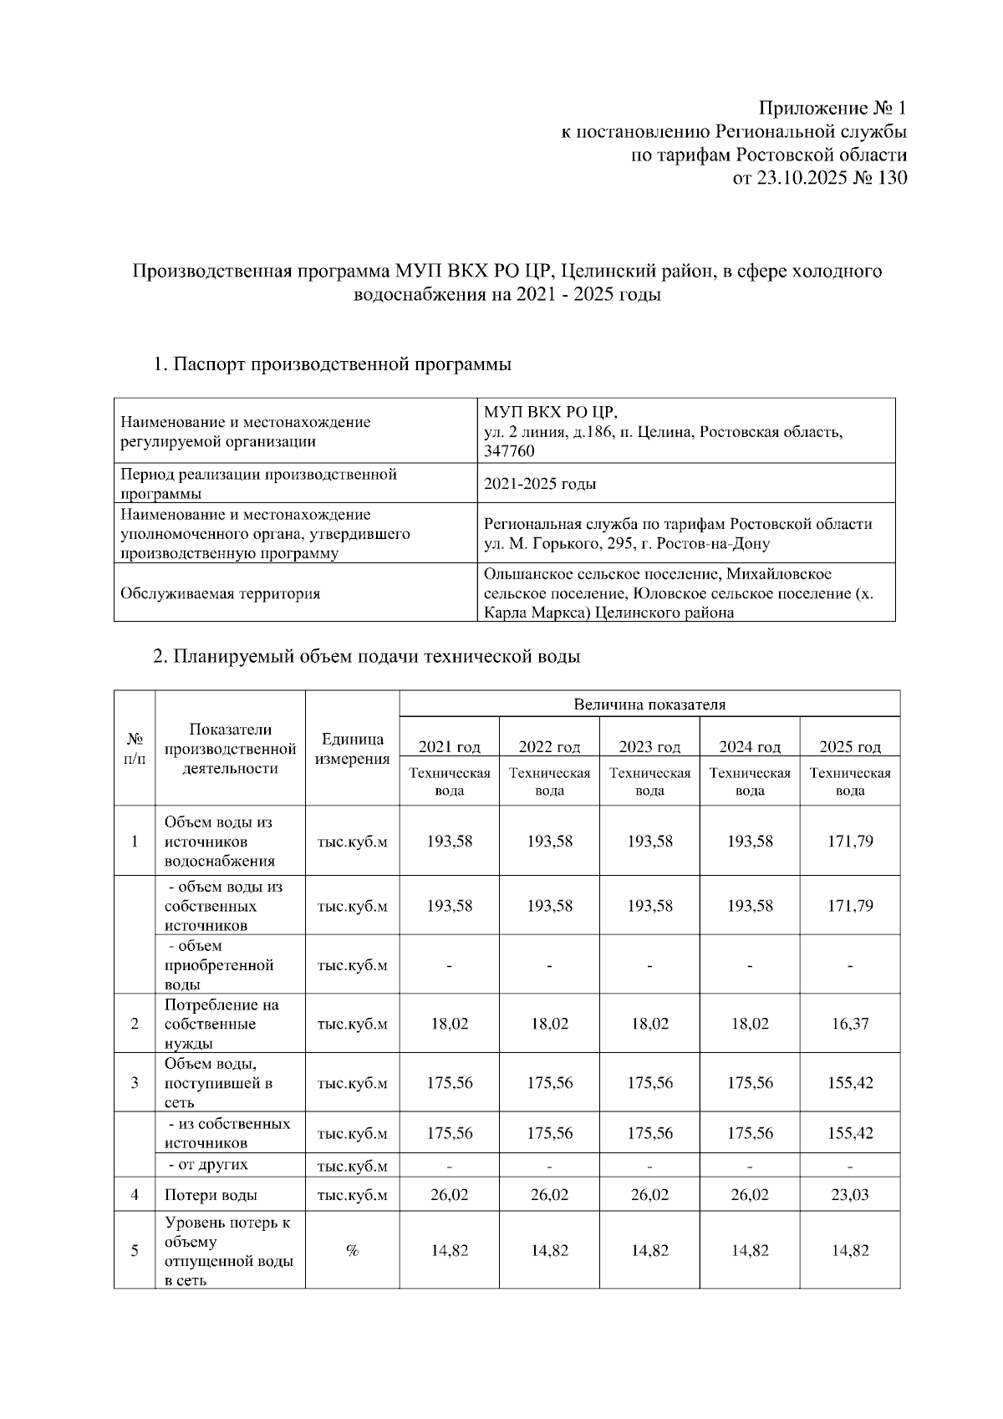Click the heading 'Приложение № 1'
832,109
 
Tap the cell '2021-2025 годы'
540,484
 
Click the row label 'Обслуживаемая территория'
221,594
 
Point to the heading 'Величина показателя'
649,704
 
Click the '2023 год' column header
649,747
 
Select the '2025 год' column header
850,747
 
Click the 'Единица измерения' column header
352,749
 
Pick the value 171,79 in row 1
850,842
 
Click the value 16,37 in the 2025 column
850,1024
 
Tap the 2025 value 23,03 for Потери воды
850,1195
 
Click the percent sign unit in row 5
352,1251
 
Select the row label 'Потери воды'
211,1195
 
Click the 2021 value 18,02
450,1024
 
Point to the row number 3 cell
135,1083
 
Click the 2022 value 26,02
549,1195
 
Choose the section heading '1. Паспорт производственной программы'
332,365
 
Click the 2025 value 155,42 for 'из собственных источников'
850,1134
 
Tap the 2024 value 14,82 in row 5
750,1251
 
